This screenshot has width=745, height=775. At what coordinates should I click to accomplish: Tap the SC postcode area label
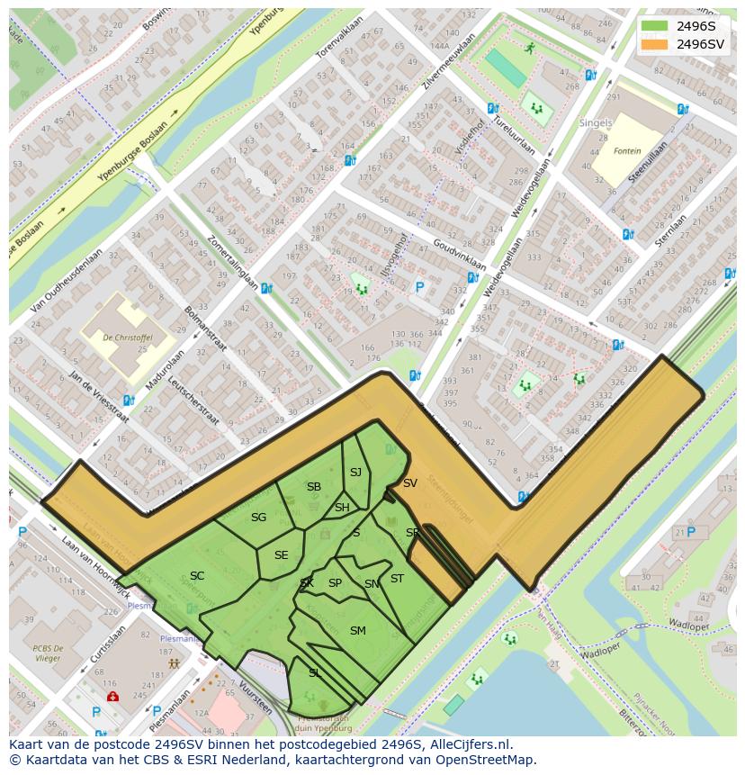coord(197,576)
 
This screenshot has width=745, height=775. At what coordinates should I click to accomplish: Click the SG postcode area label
coord(258,518)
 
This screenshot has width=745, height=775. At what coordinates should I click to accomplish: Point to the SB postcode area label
coord(313,487)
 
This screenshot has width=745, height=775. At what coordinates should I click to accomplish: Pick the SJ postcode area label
coord(355,473)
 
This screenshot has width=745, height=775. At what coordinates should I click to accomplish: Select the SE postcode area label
coord(281,555)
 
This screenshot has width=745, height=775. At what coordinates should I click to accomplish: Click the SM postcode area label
coord(357,631)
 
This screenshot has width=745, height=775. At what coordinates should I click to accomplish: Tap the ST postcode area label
coord(397,579)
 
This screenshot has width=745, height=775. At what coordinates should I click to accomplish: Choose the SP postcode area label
coord(335,583)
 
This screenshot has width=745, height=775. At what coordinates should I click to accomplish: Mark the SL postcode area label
coord(314,672)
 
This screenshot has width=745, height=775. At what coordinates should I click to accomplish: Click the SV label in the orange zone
coord(409,483)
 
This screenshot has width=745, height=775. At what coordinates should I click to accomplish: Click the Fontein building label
coord(627,151)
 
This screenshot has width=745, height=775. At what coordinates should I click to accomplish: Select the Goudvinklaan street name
coord(459,255)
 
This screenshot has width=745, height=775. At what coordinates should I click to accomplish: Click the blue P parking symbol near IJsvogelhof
coord(418,288)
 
